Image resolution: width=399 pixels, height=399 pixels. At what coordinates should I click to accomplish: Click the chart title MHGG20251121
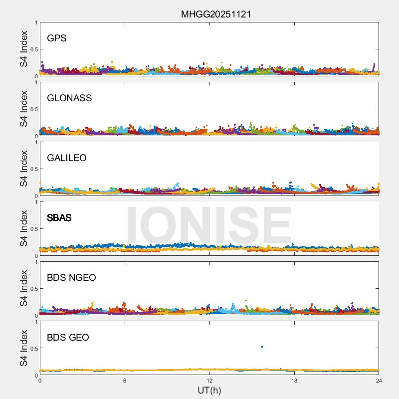[215, 14]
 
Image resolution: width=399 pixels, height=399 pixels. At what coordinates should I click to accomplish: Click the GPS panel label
[56, 38]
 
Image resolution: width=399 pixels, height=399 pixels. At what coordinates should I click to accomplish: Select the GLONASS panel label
[69, 98]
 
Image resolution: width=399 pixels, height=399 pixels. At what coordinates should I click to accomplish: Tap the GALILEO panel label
[66, 158]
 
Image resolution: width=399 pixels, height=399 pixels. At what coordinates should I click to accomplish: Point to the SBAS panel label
[59, 218]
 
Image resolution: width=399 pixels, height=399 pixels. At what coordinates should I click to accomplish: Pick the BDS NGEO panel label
[71, 278]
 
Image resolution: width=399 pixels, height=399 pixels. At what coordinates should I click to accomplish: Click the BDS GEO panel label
[68, 338]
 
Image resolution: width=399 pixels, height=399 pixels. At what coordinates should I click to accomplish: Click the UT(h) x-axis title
[209, 390]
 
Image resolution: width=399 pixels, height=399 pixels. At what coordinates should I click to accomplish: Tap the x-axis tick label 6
[125, 381]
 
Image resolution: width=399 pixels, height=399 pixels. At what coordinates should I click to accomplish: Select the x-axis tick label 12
[209, 381]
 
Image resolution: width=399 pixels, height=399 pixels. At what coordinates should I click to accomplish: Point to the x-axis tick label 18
[294, 381]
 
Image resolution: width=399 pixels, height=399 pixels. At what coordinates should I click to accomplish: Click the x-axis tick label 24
[379, 381]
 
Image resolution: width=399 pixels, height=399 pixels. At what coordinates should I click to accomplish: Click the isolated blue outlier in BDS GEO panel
[262, 347]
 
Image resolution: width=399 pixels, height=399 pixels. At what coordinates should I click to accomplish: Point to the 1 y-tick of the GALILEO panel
[36, 143]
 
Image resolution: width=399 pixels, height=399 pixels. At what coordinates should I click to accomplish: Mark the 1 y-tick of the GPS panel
[36, 23]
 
